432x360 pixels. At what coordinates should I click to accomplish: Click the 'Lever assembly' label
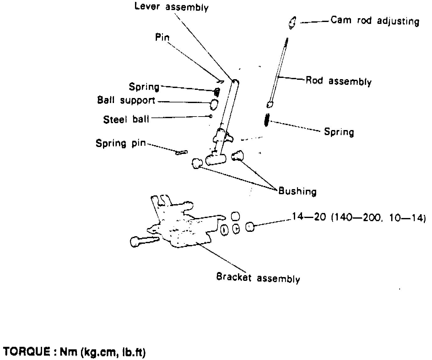(x=171, y=7)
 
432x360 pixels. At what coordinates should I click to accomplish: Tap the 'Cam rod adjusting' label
(x=375, y=21)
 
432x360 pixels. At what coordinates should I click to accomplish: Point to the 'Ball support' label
(x=126, y=100)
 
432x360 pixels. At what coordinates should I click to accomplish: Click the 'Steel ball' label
(x=126, y=119)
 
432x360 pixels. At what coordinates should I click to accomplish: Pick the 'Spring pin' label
(x=121, y=143)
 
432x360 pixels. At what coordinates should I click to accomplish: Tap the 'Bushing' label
(x=297, y=191)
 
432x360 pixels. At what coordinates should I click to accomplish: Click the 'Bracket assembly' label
(x=258, y=278)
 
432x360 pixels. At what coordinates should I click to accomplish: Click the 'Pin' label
(x=162, y=38)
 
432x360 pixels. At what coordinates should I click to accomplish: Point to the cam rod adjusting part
(x=292, y=23)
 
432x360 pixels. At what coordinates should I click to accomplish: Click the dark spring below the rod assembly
(x=267, y=120)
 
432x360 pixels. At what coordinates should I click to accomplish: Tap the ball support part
(x=214, y=104)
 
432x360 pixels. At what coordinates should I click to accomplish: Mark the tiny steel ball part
(x=211, y=116)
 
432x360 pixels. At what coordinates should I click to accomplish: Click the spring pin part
(x=181, y=152)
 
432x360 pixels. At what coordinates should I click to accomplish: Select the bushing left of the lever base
(x=197, y=163)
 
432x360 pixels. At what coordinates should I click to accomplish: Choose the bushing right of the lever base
(x=237, y=155)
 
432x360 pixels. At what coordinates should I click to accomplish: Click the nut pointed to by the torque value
(x=250, y=226)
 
